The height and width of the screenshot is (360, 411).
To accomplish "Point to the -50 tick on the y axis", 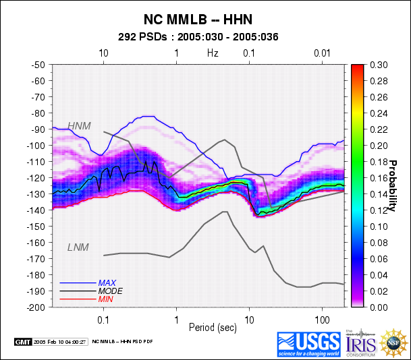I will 38,65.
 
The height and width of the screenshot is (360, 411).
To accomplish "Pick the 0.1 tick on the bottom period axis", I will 103,317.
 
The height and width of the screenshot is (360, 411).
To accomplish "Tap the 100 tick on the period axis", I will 321,317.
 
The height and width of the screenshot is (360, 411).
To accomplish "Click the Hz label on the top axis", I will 213,53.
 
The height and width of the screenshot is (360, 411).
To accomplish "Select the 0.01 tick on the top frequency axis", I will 322,53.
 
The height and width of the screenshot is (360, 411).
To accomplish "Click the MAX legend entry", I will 107,282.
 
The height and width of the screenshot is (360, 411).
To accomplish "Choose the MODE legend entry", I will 109,291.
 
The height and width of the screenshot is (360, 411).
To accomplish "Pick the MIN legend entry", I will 105,299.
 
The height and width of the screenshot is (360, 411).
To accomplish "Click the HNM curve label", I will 79,126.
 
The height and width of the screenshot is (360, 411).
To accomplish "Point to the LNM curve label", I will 78,247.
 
